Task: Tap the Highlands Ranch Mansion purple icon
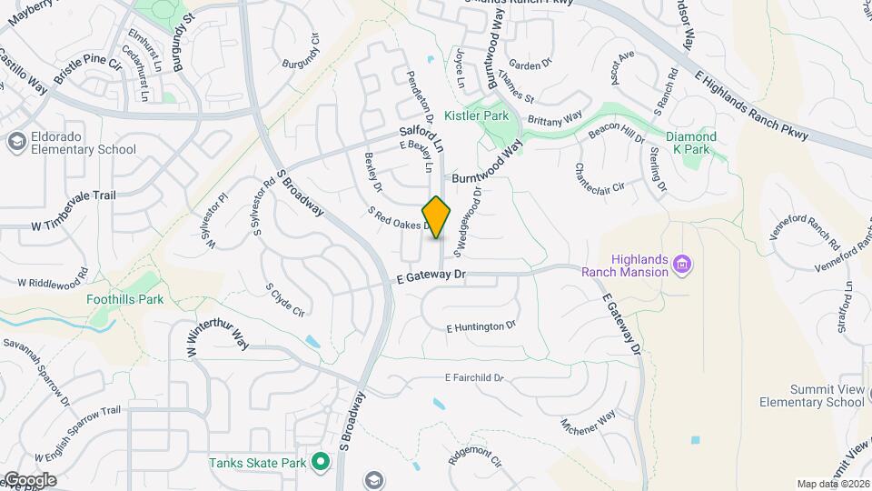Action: click(682, 266)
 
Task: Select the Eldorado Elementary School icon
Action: click(16, 142)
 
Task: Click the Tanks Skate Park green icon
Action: click(320, 463)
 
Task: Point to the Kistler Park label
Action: click(477, 116)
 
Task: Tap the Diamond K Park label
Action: click(691, 143)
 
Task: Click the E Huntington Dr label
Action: click(481, 326)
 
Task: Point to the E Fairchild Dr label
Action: click(474, 377)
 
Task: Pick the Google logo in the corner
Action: click(29, 479)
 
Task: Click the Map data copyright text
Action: click(832, 484)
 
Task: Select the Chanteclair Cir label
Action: click(599, 178)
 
